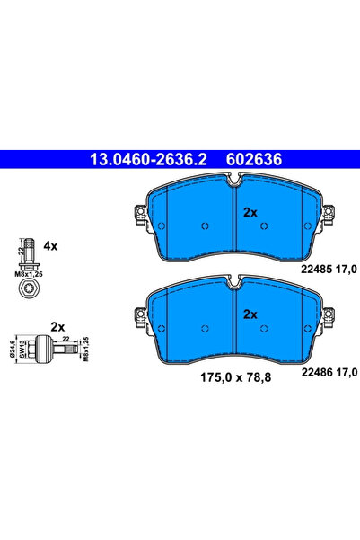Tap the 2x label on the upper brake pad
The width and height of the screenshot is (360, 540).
(x=250, y=212)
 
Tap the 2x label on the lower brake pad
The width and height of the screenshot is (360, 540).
(x=250, y=314)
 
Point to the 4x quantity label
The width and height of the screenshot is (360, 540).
(x=50, y=244)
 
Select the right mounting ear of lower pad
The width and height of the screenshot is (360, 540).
(x=329, y=314)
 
